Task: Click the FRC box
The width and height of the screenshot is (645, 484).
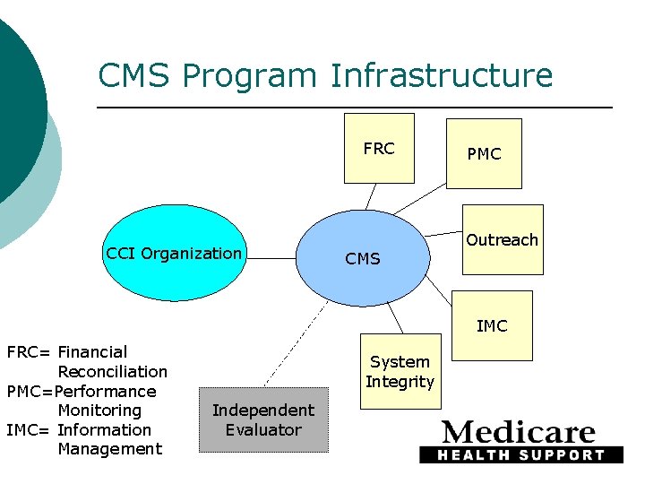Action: click(379, 148)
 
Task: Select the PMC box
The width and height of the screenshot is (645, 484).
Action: click(484, 154)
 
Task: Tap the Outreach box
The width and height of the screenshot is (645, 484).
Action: click(502, 240)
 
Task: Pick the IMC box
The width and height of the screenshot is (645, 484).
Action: click(491, 326)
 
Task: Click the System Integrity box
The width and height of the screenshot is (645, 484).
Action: click(400, 372)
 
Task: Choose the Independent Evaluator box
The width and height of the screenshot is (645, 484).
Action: click(263, 420)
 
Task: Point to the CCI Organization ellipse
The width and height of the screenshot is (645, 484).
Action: click(174, 254)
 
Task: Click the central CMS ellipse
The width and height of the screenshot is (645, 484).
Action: click(362, 259)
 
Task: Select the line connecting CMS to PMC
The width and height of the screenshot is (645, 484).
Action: click(421, 199)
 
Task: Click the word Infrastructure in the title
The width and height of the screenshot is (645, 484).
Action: click(442, 76)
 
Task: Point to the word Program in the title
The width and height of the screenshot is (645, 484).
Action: click(251, 76)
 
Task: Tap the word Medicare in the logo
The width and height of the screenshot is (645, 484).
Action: click(519, 433)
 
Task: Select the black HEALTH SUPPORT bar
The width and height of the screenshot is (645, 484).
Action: click(520, 454)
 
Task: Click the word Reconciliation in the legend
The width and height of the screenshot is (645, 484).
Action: click(112, 372)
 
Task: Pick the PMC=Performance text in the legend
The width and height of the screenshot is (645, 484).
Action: click(82, 392)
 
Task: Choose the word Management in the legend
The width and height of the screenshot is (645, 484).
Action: click(109, 449)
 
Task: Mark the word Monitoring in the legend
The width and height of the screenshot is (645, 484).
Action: click(99, 411)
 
